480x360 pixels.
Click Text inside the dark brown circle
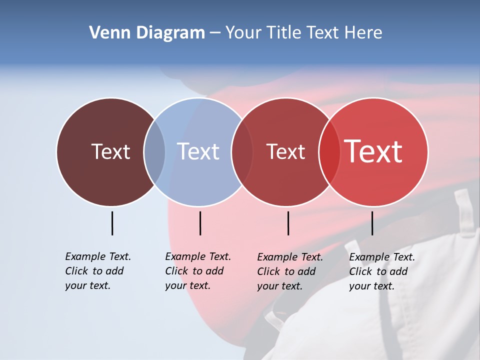pos(110,151)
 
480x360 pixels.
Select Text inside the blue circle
pos(198,151)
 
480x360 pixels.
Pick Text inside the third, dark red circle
pos(285,151)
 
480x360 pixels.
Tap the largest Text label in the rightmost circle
pos(373,151)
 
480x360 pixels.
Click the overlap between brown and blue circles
pos(154,152)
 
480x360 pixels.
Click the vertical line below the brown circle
pos(112,223)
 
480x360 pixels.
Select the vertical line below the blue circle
pos(200,223)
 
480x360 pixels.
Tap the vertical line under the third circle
pos(288,223)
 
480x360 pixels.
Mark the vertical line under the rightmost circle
pos(372,223)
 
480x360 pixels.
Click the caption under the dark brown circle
pos(98,271)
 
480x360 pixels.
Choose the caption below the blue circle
pos(198,271)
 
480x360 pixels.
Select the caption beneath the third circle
pos(290,271)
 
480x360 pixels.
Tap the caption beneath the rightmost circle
pos(382,271)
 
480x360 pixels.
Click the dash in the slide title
pos(215,33)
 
